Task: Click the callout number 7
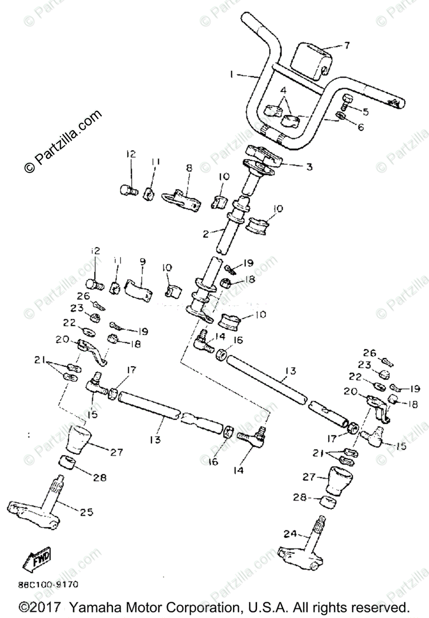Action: pyautogui.click(x=347, y=45)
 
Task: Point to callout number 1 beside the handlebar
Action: pyautogui.click(x=233, y=75)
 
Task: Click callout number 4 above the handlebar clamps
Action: pyautogui.click(x=283, y=91)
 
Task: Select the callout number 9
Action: pyautogui.click(x=143, y=262)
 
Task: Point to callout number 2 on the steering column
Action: pyautogui.click(x=205, y=234)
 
